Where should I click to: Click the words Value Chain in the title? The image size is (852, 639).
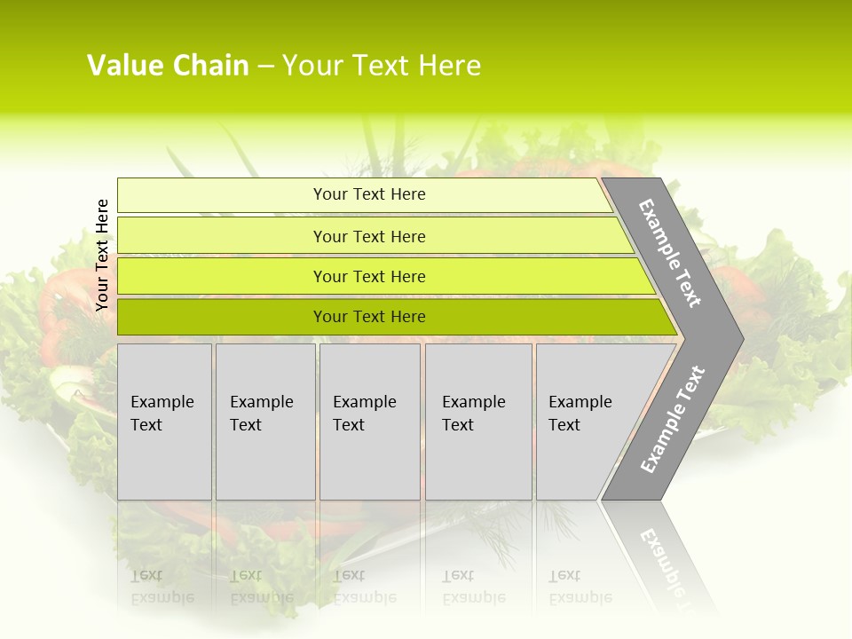point(168,66)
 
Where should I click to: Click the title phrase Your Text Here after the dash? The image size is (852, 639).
point(382,66)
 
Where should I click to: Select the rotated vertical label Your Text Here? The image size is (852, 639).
point(102,255)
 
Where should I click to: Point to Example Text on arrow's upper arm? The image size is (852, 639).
point(670,253)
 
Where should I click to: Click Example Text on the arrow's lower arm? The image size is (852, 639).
point(673,420)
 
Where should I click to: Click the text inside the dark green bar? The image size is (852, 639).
point(369,317)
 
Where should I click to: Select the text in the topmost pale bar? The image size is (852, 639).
point(369,194)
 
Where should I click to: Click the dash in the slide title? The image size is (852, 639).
point(265,67)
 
